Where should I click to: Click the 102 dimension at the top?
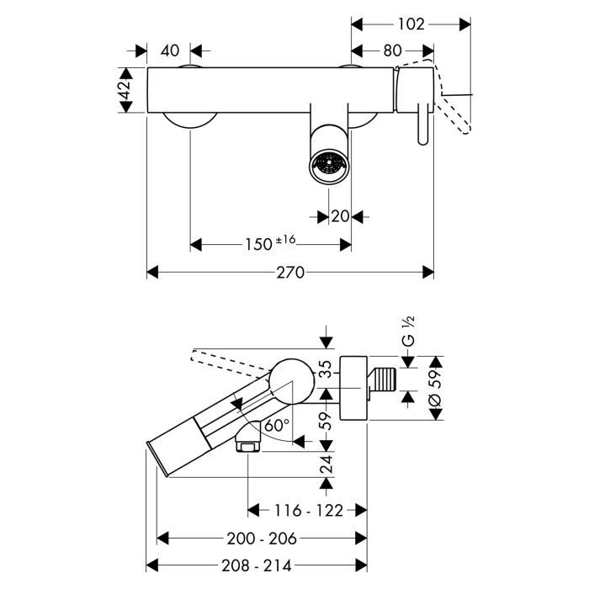point(411,24)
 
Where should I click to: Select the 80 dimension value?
point(392,50)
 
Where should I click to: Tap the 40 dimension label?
point(169,50)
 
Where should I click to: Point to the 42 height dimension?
point(125,89)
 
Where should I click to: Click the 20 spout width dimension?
point(340,216)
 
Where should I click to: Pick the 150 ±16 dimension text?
point(271,244)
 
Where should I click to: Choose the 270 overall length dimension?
point(290,273)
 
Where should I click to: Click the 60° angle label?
point(276,425)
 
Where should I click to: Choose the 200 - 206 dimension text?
point(262,537)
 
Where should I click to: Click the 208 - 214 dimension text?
point(257,565)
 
